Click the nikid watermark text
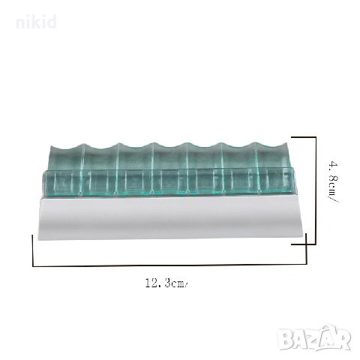(36, 22)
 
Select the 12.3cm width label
(166, 283)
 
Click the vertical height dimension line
(316, 191)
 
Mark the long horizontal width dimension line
(169, 265)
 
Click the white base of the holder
(172, 218)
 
